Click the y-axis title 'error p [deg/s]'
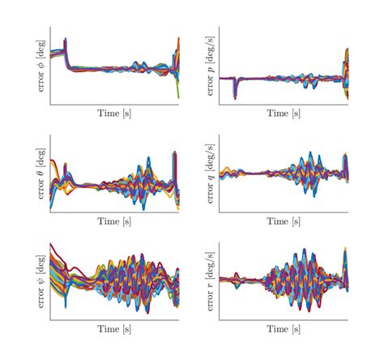[x=211, y=65]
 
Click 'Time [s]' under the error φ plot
[x=114, y=114]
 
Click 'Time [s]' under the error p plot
[x=284, y=114]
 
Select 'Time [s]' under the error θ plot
[x=114, y=221]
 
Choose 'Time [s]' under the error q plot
[x=284, y=221]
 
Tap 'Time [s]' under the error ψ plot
[x=114, y=329]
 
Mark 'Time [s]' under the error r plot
[x=284, y=329]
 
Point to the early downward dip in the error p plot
[x=235, y=94]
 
